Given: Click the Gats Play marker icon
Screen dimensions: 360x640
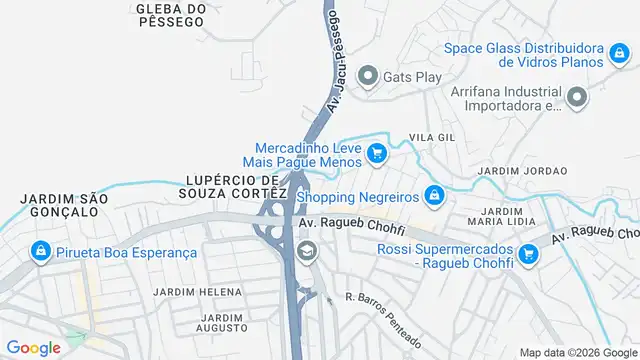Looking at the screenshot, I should (x=367, y=76).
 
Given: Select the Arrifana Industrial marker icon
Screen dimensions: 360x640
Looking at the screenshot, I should (x=577, y=97).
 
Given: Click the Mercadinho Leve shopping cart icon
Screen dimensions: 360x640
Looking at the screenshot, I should (x=376, y=153).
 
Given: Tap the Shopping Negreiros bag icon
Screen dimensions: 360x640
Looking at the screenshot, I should (x=433, y=194).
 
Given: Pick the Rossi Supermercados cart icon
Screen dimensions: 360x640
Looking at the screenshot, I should (x=530, y=255).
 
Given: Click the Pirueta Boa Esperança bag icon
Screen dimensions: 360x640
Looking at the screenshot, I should (x=41, y=252).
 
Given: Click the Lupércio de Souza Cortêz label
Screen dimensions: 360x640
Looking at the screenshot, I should (x=237, y=185).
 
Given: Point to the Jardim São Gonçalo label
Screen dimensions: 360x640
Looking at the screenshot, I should (x=63, y=206).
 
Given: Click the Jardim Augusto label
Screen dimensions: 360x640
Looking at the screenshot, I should (x=221, y=323).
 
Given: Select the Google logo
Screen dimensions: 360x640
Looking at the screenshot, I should (x=32, y=347).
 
